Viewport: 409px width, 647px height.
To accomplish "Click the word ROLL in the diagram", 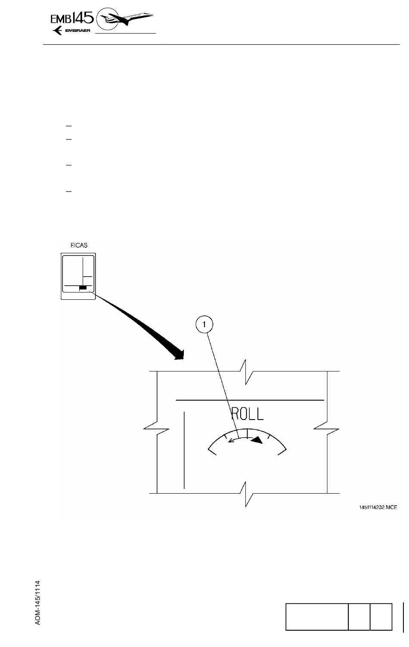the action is click(247, 414).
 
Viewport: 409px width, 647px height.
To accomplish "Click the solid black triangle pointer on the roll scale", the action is click(257, 440).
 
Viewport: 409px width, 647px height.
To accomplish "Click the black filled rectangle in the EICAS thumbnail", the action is click(83, 287).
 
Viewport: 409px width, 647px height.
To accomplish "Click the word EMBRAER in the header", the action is click(77, 31).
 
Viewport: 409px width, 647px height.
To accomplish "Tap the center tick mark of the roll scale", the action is click(247, 432).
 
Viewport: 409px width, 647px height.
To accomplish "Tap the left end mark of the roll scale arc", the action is click(211, 450).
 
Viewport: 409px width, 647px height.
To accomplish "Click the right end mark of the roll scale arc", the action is click(283, 450).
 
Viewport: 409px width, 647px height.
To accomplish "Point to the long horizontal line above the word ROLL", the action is click(250, 400).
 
